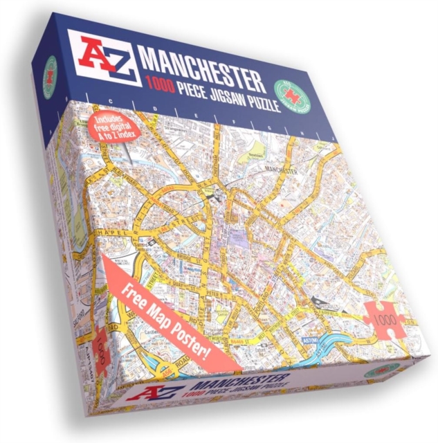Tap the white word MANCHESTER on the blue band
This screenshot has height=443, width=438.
point(201,66)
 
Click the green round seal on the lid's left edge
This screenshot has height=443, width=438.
point(50,74)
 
